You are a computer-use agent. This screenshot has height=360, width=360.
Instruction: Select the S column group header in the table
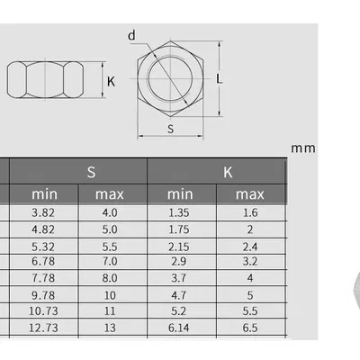click(91, 171)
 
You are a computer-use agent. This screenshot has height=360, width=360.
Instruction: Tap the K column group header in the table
click(229, 171)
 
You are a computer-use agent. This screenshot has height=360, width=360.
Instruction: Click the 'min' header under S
click(44, 194)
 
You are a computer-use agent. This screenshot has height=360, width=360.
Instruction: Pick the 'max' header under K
click(249, 194)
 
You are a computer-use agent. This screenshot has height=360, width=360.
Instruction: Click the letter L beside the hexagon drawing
click(220, 79)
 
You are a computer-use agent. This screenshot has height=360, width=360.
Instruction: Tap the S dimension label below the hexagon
click(171, 129)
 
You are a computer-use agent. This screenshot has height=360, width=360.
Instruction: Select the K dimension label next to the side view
click(111, 81)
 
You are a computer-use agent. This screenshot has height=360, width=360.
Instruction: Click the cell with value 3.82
click(44, 213)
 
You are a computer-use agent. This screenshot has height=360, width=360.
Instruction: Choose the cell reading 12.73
click(44, 328)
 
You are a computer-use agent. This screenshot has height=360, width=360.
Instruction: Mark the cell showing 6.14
click(181, 328)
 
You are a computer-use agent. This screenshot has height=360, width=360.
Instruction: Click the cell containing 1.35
click(181, 213)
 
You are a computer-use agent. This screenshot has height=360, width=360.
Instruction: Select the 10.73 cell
click(44, 310)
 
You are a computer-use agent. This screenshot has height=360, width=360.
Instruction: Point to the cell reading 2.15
click(181, 246)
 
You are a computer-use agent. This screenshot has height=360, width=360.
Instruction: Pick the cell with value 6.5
click(249, 328)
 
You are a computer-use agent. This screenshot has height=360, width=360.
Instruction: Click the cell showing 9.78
click(44, 294)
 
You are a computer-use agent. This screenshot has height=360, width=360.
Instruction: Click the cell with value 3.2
click(249, 262)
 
